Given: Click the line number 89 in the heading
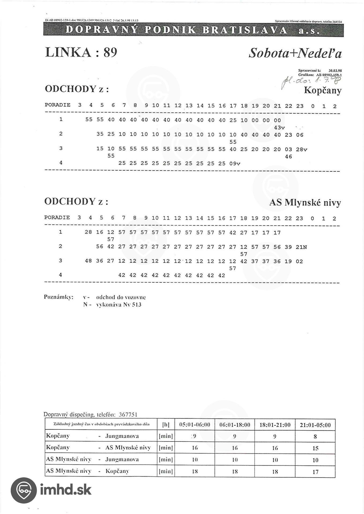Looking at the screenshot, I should (x=110, y=52).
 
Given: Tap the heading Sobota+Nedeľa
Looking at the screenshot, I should (x=295, y=53).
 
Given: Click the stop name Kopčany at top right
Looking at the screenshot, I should (x=322, y=90).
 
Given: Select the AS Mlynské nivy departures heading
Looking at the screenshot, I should (x=305, y=203).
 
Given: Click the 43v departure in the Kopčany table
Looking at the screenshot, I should (x=279, y=128).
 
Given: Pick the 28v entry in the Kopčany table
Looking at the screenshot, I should (x=301, y=149).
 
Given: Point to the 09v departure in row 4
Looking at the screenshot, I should (x=235, y=163).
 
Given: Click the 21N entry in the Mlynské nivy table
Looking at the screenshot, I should (x=301, y=247).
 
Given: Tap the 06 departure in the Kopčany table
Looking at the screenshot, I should (x=299, y=135).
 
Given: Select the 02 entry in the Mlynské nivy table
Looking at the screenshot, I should (x=299, y=261).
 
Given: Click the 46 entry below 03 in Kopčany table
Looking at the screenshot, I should (x=288, y=157).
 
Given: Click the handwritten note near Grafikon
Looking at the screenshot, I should (x=311, y=82).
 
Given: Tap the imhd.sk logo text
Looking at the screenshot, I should (x=66, y=490).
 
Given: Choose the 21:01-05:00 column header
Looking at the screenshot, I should (x=315, y=425).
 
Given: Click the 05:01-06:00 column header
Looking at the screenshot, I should (x=194, y=425).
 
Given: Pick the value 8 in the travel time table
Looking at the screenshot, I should (x=315, y=437).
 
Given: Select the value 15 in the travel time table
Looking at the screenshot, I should (x=315, y=448).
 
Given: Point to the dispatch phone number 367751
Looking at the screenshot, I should (x=128, y=415).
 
